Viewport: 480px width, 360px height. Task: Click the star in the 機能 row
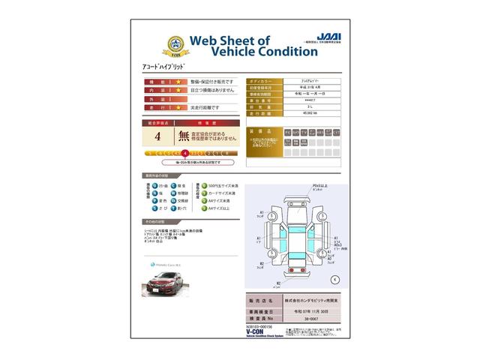178,81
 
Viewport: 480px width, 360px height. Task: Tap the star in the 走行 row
178,108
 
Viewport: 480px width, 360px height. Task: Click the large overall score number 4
157,136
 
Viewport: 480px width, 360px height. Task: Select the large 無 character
184,136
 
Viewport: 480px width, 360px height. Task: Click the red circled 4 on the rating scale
185,152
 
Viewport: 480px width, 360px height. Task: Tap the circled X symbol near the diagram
334,279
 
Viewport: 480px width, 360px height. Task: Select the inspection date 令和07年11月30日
308,308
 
